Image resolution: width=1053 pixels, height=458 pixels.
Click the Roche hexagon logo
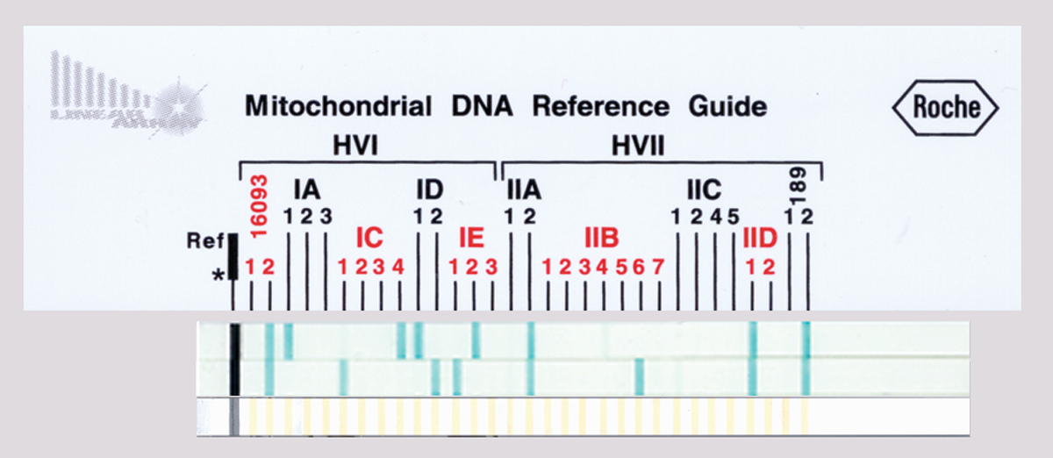[x=945, y=108]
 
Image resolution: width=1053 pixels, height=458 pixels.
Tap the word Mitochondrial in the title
[x=338, y=107]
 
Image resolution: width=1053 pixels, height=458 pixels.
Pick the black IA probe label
[x=306, y=190]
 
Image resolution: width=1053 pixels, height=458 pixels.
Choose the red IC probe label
[x=369, y=238]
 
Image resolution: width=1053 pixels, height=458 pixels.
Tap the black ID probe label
[x=429, y=190]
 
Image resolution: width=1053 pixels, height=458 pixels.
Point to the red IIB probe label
[x=602, y=238]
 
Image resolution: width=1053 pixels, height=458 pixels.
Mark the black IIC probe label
[x=704, y=190]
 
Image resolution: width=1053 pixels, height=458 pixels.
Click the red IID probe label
[x=760, y=238]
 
